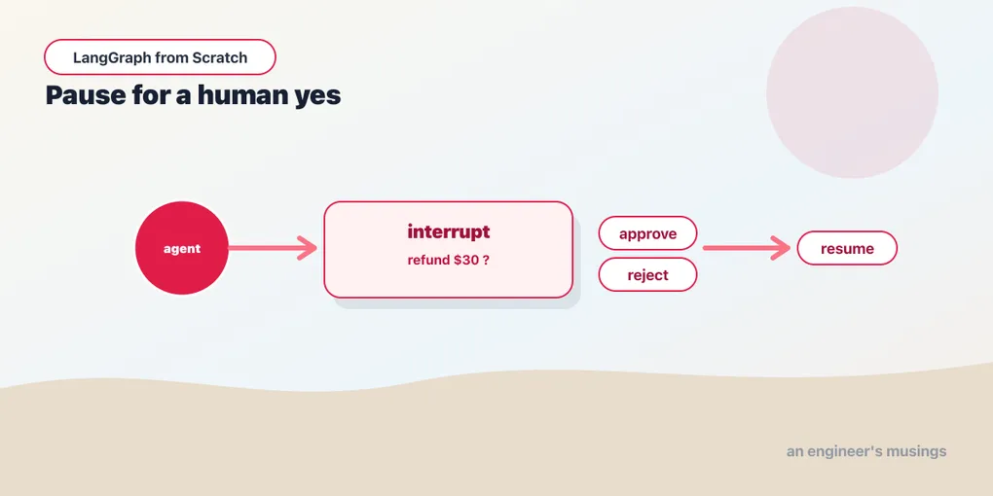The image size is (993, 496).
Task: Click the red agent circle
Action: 182,248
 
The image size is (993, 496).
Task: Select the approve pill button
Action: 647,233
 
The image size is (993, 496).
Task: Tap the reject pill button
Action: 647,274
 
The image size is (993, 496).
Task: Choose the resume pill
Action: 847,248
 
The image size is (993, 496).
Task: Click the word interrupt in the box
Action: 449,231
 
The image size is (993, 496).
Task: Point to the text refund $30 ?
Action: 448,260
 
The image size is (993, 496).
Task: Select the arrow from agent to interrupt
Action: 273,248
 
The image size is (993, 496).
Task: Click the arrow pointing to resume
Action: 747,248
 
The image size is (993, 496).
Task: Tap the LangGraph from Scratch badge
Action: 160,57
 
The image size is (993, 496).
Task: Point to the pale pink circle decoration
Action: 852,92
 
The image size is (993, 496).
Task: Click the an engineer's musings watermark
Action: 866,451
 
